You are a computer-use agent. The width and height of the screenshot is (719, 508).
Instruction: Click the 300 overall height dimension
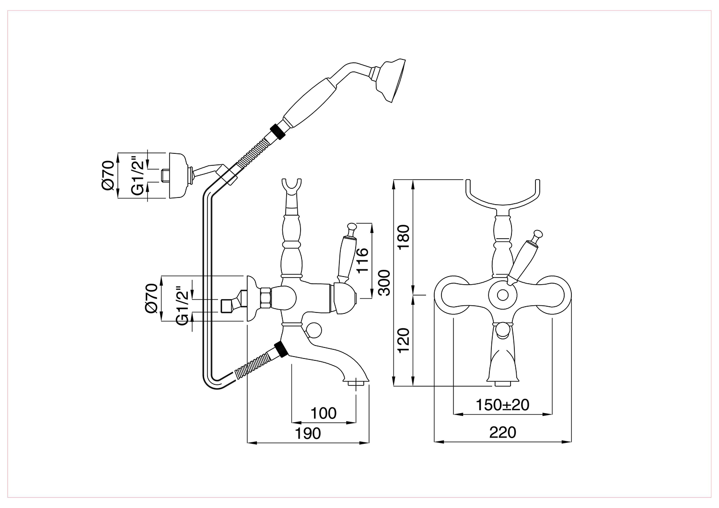pos(384,282)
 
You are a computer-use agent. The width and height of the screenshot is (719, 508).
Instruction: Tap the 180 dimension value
pos(404,237)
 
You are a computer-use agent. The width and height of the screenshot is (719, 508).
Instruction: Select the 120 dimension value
pos(404,340)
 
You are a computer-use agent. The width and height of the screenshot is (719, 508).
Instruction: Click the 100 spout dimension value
pos(324,413)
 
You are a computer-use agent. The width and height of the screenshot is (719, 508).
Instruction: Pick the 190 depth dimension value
pos(308,434)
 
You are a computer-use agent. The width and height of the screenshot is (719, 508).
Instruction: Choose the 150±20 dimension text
pos(502,405)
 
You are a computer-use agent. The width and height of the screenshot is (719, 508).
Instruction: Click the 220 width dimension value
pos(503,432)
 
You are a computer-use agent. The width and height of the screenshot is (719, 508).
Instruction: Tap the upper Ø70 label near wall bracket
pos(108,175)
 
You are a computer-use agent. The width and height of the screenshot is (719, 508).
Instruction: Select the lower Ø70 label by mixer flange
pos(151,298)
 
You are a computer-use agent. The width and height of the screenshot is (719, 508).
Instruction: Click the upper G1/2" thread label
pos(138,175)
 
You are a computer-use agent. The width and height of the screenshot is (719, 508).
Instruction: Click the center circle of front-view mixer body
pos(503,295)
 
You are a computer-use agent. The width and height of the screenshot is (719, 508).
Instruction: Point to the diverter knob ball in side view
pos(313,331)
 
